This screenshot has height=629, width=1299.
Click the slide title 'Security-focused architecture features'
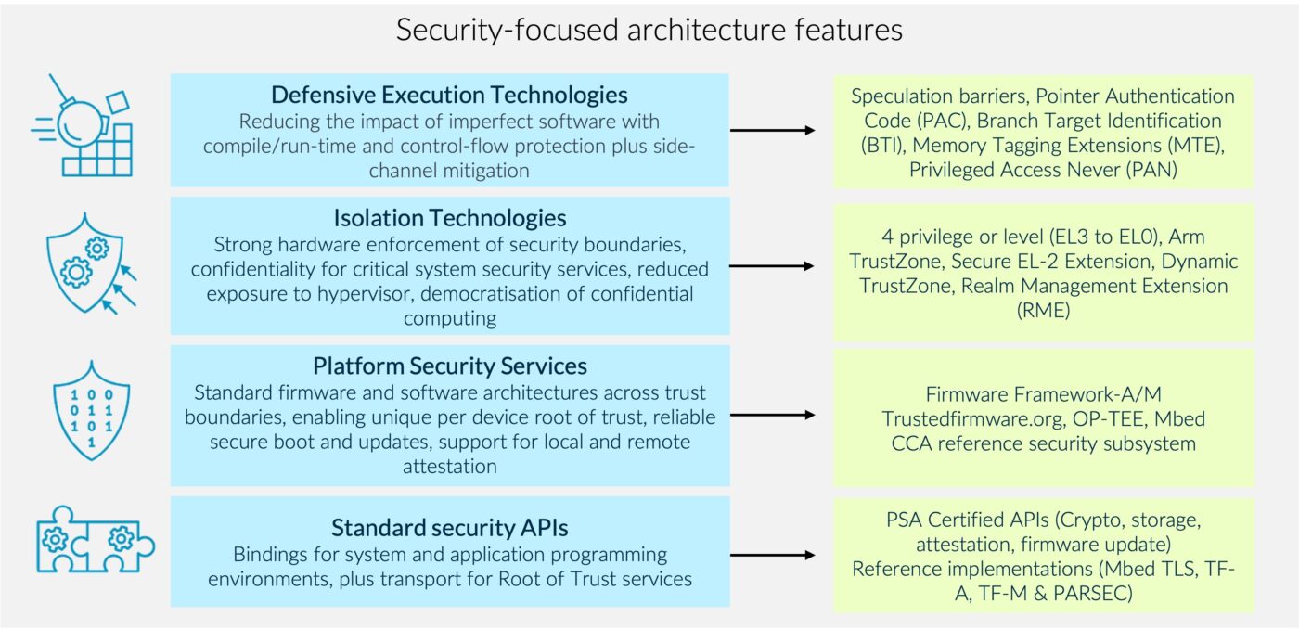(x=649, y=30)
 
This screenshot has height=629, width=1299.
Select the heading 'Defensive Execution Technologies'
(x=449, y=95)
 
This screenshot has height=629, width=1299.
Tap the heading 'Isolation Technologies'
(x=449, y=218)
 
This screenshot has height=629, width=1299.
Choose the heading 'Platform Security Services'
(x=449, y=366)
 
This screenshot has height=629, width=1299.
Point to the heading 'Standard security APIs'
(x=449, y=528)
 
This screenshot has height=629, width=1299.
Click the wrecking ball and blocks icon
(x=86, y=126)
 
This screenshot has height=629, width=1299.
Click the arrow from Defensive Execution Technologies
(x=772, y=131)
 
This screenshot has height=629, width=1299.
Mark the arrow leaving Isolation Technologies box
(x=772, y=266)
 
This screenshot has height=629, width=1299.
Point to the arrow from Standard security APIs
(x=772, y=555)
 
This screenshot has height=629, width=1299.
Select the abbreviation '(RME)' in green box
(x=1043, y=311)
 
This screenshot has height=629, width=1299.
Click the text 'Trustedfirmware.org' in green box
(x=972, y=418)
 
